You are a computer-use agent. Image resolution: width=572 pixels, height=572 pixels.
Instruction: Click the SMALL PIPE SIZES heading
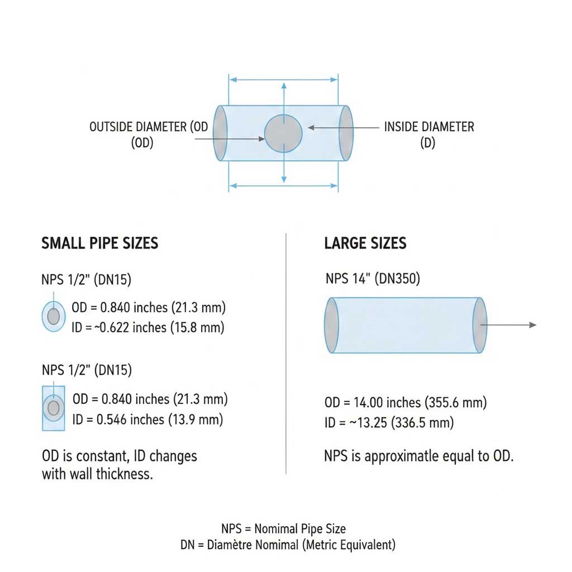point(100,244)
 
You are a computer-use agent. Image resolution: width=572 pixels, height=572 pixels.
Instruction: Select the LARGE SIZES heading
point(365,244)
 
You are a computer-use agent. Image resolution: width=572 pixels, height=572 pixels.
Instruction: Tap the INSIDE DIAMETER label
point(428,127)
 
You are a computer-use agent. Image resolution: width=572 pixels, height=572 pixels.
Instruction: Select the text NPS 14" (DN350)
point(373,278)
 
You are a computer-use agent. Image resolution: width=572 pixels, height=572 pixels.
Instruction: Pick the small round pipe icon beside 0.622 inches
point(53,317)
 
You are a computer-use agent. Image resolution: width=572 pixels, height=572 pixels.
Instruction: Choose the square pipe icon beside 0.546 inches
point(54,408)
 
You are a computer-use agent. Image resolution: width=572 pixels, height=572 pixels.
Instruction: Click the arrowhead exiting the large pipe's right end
point(533,325)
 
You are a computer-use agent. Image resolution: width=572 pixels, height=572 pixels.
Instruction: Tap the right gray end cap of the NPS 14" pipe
point(479,325)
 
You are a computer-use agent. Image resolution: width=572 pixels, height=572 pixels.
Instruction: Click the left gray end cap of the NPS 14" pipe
point(331,325)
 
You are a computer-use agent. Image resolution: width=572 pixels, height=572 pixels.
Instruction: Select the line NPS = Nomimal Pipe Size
point(283,529)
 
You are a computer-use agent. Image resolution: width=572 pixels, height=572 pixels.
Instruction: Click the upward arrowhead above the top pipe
point(284,85)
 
